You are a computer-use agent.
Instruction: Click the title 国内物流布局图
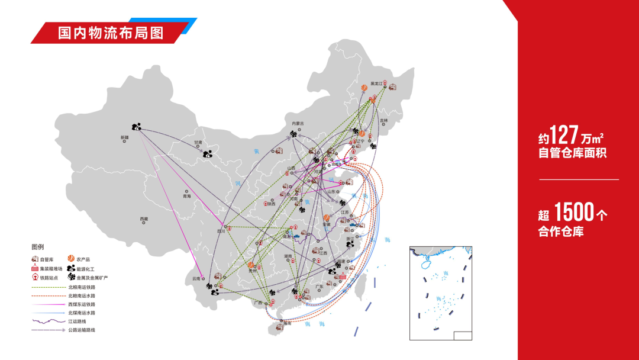coord(111,32)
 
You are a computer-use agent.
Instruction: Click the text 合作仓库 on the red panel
coord(561,232)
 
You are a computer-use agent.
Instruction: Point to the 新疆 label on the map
coord(124,138)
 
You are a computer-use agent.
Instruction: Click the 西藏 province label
coord(144,218)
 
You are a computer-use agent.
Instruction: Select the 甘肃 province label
coord(198,143)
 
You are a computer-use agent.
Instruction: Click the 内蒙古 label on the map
coord(298,123)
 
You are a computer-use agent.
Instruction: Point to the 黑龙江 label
coord(377,83)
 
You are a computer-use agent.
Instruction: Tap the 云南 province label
coord(197,278)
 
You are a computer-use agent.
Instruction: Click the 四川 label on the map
coord(222,232)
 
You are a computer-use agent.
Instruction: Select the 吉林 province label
coord(384,121)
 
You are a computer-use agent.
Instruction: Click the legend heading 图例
coord(38,247)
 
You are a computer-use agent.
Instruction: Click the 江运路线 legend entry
coord(77,321)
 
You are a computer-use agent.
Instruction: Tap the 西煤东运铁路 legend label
coord(82,304)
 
